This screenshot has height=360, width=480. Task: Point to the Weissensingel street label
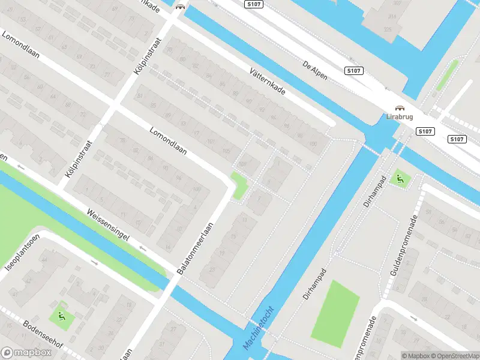click(108, 223)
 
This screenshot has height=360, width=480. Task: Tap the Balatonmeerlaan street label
click(196, 249)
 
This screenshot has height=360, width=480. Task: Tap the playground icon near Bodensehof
click(61, 314)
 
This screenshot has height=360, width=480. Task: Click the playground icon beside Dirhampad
click(398, 178)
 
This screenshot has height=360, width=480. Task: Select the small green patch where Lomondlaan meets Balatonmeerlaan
click(239, 185)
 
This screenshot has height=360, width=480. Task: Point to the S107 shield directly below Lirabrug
click(425, 131)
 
